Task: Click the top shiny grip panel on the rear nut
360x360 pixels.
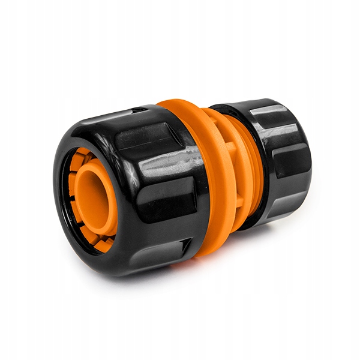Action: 273,114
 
